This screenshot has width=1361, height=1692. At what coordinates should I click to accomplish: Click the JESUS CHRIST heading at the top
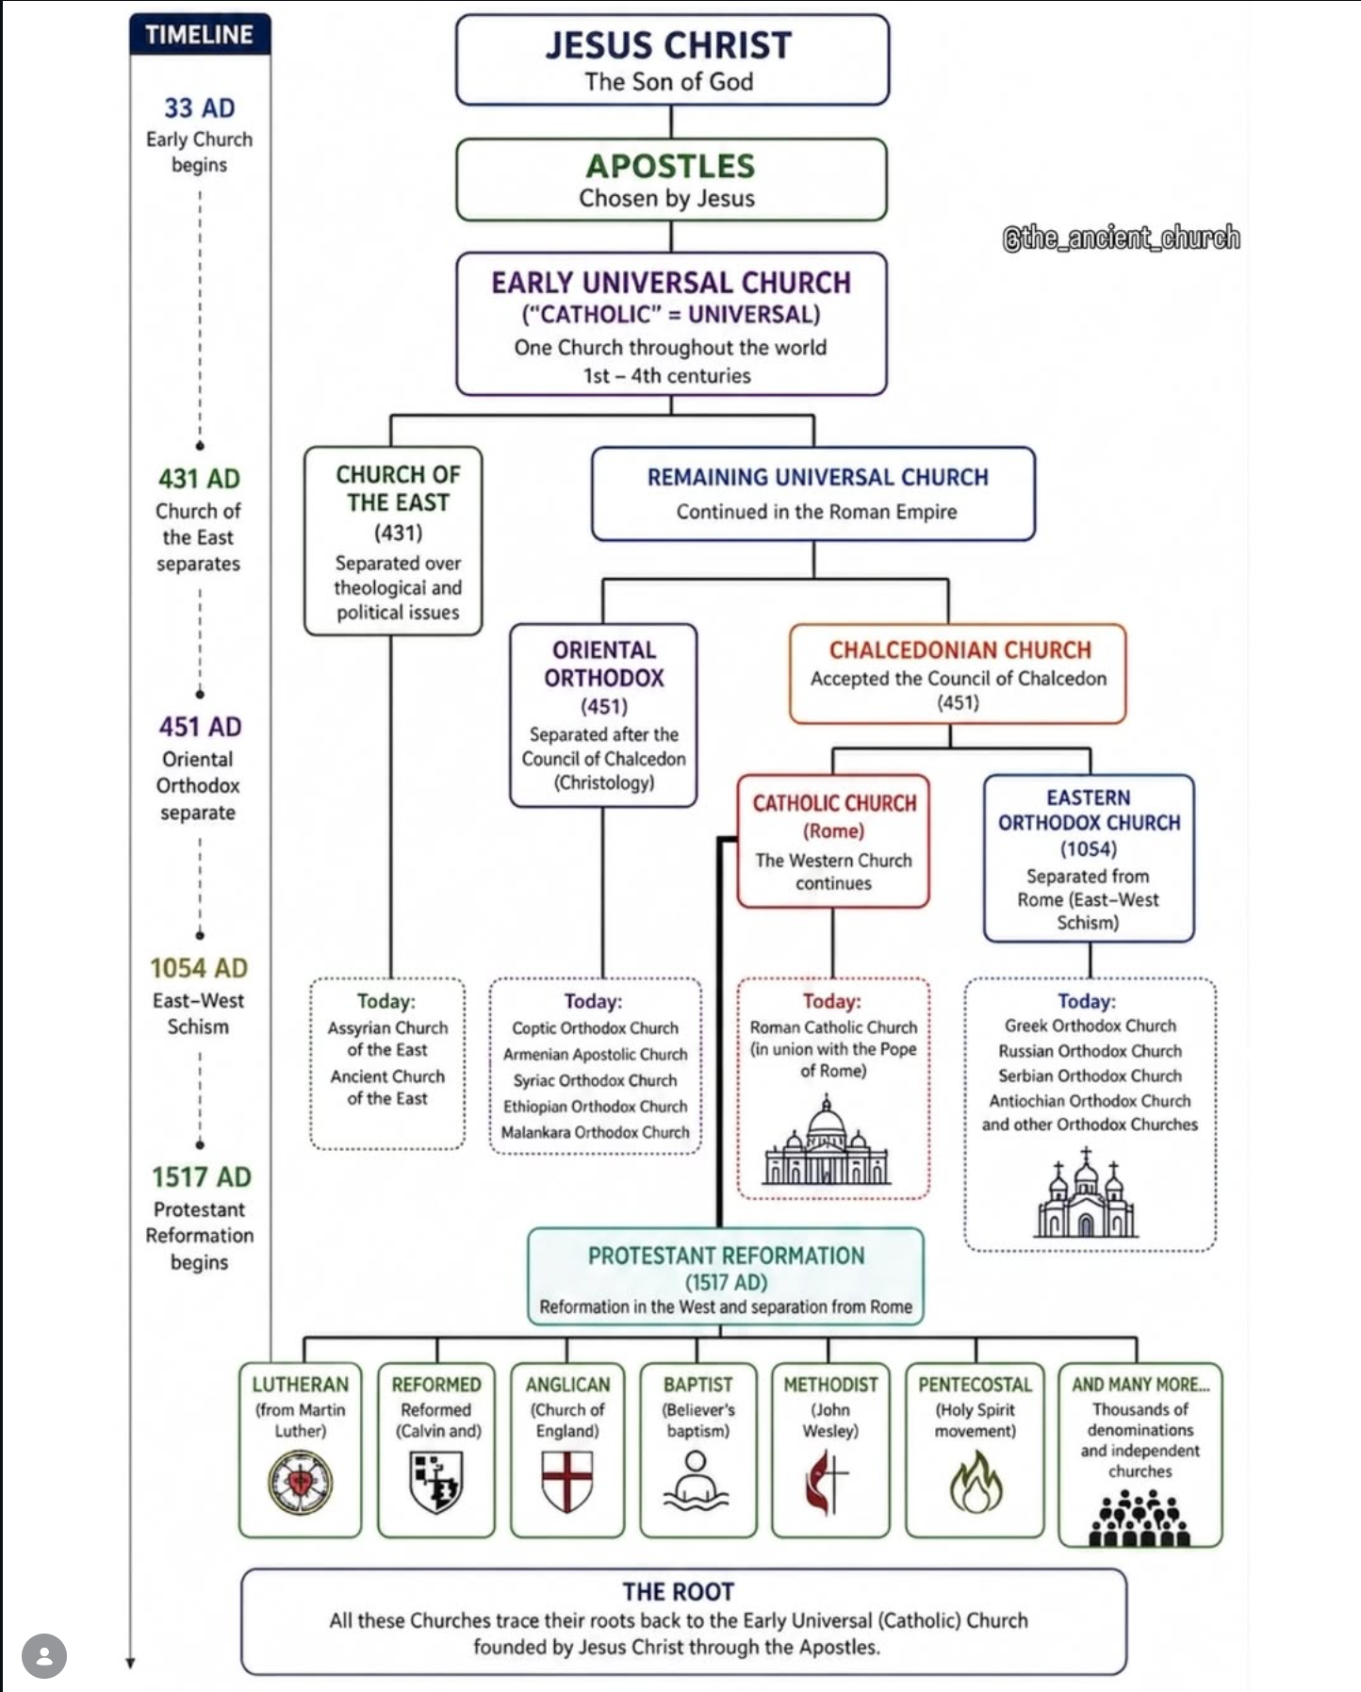pos(668,45)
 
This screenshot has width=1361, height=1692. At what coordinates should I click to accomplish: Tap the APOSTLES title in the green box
pos(670,166)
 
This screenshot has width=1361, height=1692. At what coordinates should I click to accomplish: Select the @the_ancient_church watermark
pos(1121,238)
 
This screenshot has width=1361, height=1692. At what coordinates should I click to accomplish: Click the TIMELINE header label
pos(199,35)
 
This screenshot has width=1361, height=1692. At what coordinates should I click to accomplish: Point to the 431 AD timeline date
pos(199,479)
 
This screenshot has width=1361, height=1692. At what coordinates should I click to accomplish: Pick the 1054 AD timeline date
pos(199,968)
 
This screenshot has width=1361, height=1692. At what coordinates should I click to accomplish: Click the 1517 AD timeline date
pos(201,1177)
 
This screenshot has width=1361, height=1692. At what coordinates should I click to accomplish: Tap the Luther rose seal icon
pos(300,1483)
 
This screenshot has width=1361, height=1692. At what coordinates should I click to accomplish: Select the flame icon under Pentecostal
pos(976,1481)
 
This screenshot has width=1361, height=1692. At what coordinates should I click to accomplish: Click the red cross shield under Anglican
pos(567,1481)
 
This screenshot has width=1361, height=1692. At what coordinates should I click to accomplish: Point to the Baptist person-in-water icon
pos(697,1481)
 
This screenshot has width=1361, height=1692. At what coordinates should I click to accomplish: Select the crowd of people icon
pos(1139,1520)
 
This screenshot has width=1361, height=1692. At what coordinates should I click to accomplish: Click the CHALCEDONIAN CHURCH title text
pos(959,650)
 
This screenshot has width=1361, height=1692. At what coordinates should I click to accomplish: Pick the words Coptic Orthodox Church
pos(595,1028)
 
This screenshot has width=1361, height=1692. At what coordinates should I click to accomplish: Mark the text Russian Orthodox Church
pos(1090,1051)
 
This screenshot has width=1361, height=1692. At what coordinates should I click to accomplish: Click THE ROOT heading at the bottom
pos(678,1592)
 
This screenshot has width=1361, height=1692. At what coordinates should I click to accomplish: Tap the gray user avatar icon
pos(43,1655)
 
